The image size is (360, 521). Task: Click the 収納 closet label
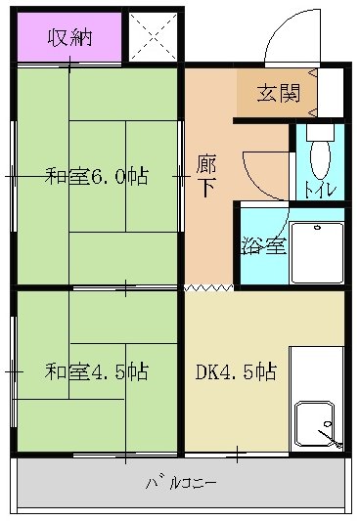coord(67,38)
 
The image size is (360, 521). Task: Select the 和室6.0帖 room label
coord(97,177)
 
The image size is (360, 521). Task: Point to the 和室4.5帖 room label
coord(97,371)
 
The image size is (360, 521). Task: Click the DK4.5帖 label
coord(236,371)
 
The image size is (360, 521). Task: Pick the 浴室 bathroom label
coord(262,245)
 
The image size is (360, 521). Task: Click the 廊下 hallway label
coord(206,177)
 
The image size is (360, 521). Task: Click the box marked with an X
coord(152,37)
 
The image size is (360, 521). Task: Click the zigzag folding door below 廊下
coord(207,288)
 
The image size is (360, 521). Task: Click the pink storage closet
coord(67,38)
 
